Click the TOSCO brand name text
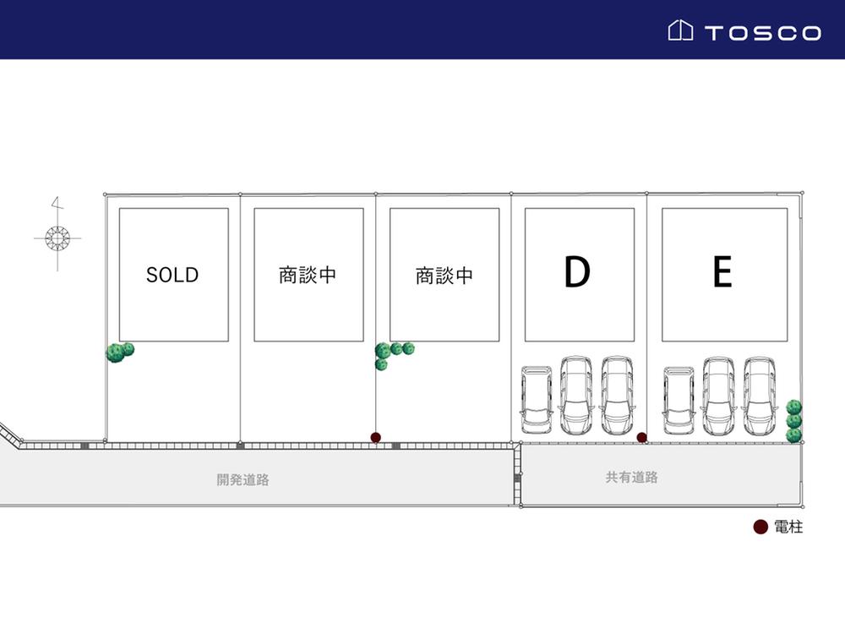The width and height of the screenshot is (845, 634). pyautogui.click(x=762, y=33)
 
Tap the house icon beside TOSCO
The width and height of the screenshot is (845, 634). pyautogui.click(x=681, y=31)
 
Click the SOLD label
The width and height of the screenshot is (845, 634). pyautogui.click(x=172, y=275)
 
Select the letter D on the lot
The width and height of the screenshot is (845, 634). pyautogui.click(x=576, y=272)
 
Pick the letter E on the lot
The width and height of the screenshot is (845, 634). pyautogui.click(x=722, y=272)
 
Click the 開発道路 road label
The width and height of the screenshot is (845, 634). pyautogui.click(x=243, y=479)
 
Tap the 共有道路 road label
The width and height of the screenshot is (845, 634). pyautogui.click(x=631, y=477)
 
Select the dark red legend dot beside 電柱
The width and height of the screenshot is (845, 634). pyautogui.click(x=760, y=527)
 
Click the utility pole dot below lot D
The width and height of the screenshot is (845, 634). pyautogui.click(x=642, y=437)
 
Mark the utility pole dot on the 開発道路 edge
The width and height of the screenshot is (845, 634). pyautogui.click(x=376, y=437)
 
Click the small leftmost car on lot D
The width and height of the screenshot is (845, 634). pyautogui.click(x=536, y=398)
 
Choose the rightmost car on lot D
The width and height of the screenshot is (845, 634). pyautogui.click(x=617, y=394)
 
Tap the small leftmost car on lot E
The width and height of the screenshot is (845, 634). pyautogui.click(x=679, y=398)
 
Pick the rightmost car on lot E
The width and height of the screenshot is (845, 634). pyautogui.click(x=759, y=394)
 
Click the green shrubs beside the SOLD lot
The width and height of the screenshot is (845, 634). pyautogui.click(x=119, y=351)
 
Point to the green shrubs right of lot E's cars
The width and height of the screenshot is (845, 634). pyautogui.click(x=793, y=421)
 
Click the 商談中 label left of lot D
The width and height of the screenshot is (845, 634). pyautogui.click(x=444, y=276)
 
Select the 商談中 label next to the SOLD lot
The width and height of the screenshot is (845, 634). pyautogui.click(x=308, y=276)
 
